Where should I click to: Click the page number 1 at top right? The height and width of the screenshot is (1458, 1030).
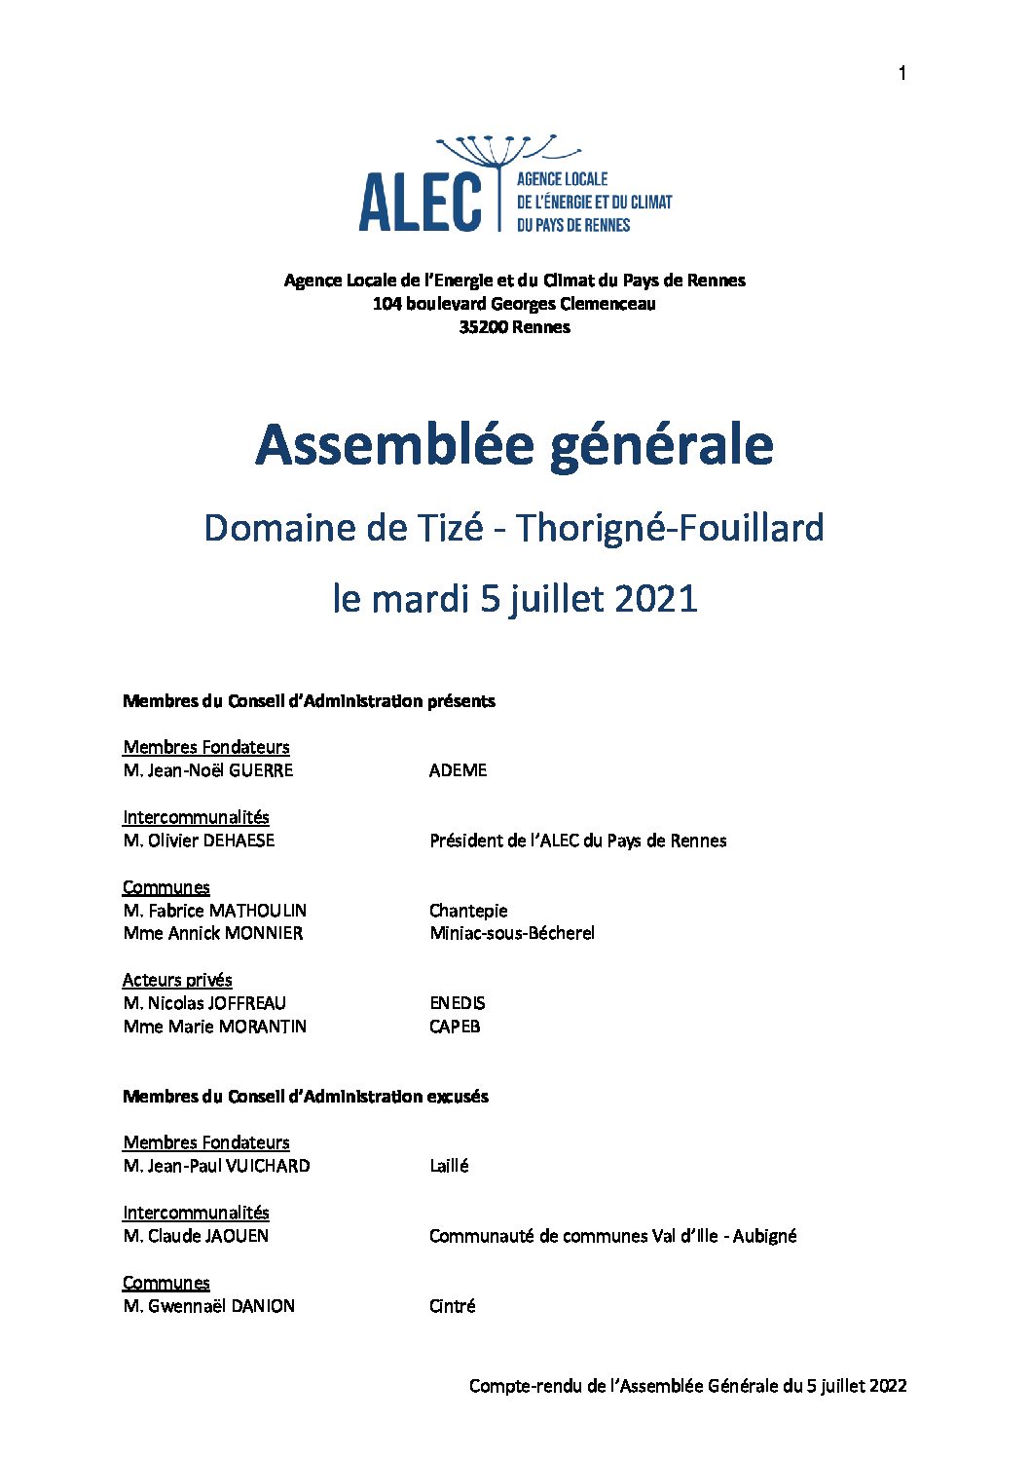pyautogui.click(x=902, y=74)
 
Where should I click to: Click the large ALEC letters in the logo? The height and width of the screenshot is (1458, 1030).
pyautogui.click(x=420, y=203)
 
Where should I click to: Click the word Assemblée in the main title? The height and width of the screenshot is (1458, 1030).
pyautogui.click(x=395, y=445)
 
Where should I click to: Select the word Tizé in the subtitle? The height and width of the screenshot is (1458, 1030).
pyautogui.click(x=450, y=528)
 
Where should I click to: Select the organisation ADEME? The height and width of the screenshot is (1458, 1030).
pyautogui.click(x=458, y=770)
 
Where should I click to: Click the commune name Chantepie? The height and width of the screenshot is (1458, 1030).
pyautogui.click(x=468, y=911)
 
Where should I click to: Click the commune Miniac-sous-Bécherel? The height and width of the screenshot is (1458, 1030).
pyautogui.click(x=511, y=933)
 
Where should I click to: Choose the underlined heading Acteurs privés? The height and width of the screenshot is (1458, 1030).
pyautogui.click(x=177, y=980)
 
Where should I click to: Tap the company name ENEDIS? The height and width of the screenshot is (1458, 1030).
pyautogui.click(x=457, y=1003)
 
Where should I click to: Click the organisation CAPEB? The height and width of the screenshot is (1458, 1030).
pyautogui.click(x=455, y=1027)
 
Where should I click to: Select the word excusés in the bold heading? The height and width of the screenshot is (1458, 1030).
pyautogui.click(x=457, y=1097)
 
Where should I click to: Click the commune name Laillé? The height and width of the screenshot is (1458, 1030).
pyautogui.click(x=449, y=1166)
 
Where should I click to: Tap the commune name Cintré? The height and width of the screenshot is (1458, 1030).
pyautogui.click(x=452, y=1306)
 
